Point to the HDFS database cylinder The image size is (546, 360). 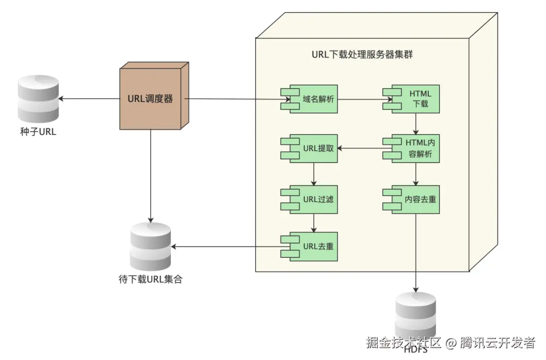click(415, 313)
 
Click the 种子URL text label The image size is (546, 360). click(38, 133)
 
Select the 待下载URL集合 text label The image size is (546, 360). click(150, 279)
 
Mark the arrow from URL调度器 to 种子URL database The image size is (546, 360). click(88, 99)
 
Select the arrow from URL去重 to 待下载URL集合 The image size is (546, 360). click(227, 247)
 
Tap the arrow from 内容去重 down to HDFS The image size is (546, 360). click(416, 253)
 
